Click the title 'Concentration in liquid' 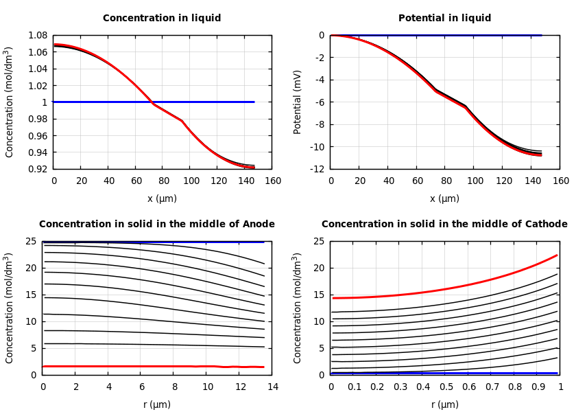[x=162, y=19]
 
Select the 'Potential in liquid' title [x=444, y=19]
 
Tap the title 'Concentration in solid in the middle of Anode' [x=156, y=225]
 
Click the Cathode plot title [x=444, y=225]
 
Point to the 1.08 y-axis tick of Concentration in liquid [x=37, y=35]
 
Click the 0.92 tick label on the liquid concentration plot [x=37, y=169]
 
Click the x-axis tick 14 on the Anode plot [x=273, y=387]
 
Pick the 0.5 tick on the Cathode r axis [x=446, y=387]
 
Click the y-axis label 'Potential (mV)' [x=298, y=102]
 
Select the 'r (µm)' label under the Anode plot [x=156, y=404]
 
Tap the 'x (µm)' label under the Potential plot [x=444, y=198]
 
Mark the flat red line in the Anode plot [x=137, y=366]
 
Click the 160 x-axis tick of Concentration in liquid [x=273, y=181]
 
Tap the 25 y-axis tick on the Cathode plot [x=320, y=241]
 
